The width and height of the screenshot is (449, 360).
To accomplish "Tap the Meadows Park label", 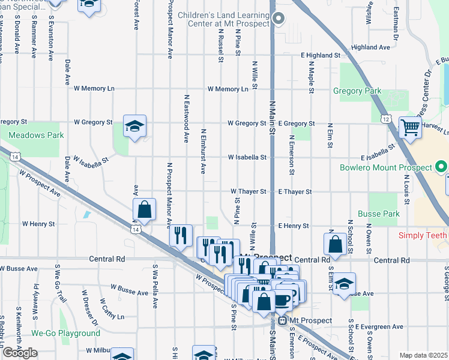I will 36,136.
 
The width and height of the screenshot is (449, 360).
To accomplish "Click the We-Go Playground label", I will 65,334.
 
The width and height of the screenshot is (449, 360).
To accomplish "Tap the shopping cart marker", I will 411,127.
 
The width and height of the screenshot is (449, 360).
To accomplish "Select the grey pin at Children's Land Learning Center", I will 278,19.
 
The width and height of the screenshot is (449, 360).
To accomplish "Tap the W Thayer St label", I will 249,192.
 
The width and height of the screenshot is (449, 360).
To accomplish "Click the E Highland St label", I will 321,55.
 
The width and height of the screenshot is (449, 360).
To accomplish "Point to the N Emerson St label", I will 292,155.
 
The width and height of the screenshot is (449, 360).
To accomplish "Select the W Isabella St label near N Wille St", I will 247,158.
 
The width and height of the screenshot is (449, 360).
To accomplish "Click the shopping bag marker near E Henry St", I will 335,244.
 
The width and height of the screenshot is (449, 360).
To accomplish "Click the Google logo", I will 20,353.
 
